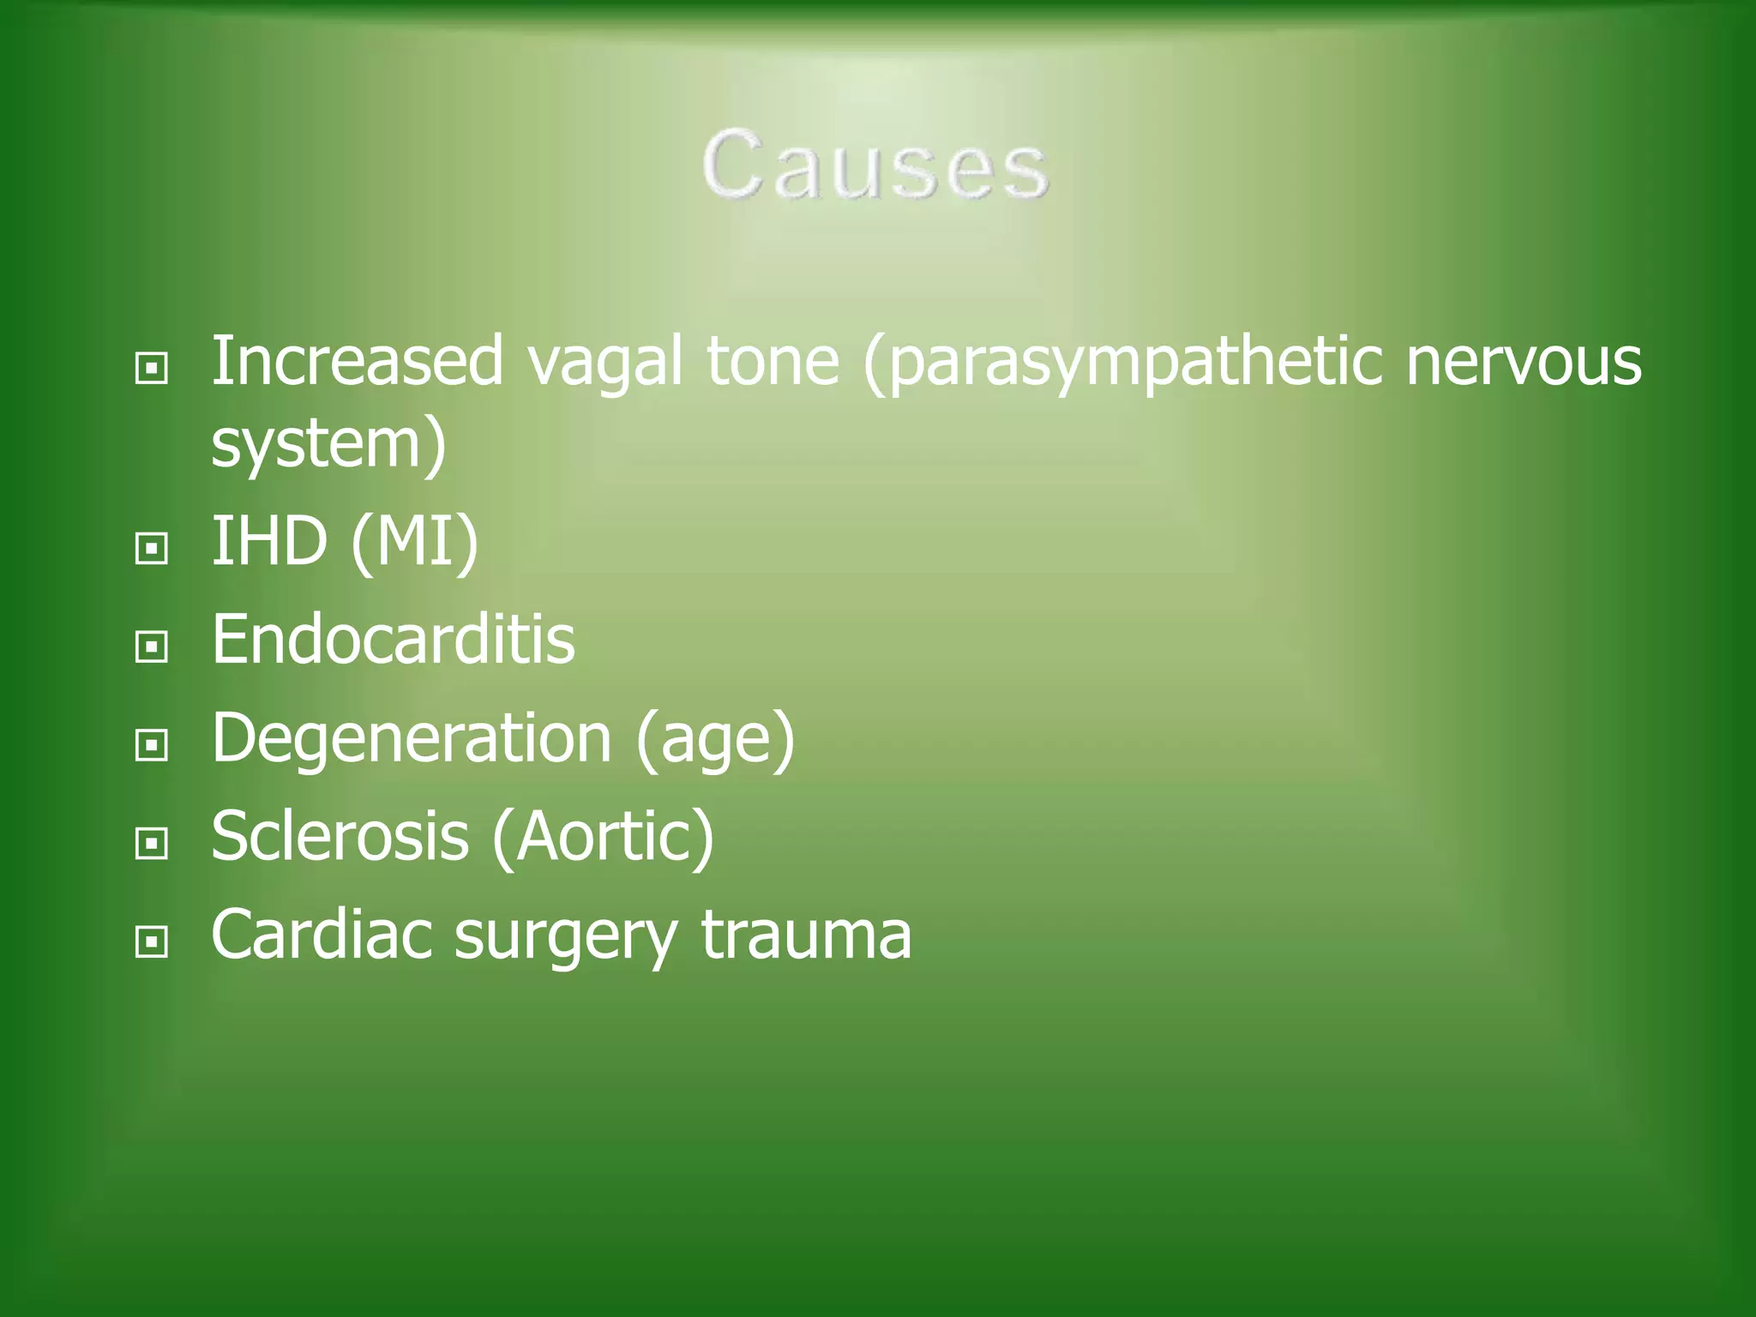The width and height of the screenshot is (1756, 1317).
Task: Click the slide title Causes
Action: tap(875, 165)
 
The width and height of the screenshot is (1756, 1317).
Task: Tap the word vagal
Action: tap(605, 363)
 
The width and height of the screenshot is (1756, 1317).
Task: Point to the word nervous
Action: tap(1524, 363)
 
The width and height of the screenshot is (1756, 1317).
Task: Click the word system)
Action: tap(328, 444)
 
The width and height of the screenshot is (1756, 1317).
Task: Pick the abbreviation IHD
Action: tap(269, 541)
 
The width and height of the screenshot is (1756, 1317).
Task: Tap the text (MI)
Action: tap(414, 543)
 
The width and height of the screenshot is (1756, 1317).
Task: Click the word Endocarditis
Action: tap(393, 640)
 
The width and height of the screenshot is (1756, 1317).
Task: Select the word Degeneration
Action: tap(412, 739)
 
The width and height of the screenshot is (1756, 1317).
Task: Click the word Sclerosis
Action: tap(340, 836)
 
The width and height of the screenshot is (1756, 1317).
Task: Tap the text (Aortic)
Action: tap(603, 838)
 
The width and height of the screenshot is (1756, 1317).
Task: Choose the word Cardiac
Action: tap(322, 935)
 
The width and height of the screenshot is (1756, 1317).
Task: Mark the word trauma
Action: tap(806, 935)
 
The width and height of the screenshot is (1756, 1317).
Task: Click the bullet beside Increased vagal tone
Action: tap(152, 369)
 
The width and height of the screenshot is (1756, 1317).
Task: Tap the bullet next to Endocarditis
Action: tap(152, 646)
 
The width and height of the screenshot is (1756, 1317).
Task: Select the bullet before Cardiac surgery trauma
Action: tap(152, 942)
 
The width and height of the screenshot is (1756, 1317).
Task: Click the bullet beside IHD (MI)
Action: tap(152, 548)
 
